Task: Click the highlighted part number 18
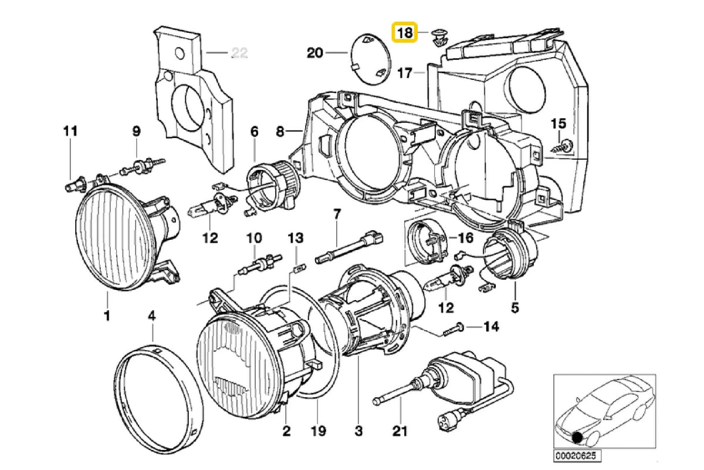(x=404, y=32)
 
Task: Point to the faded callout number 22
(x=239, y=52)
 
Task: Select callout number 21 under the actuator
(x=400, y=432)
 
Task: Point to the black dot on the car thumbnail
(x=578, y=437)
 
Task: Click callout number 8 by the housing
(x=280, y=132)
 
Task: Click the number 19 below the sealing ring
(x=317, y=432)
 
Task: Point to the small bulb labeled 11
(x=72, y=187)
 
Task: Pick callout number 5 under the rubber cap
(x=515, y=307)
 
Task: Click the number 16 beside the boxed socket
(x=465, y=238)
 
